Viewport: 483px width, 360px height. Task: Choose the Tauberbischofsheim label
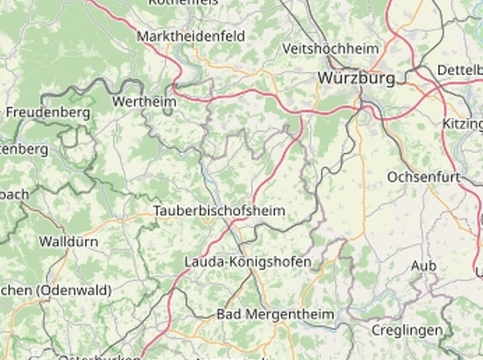[219, 211]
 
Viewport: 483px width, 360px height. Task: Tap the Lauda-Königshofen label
[248, 262]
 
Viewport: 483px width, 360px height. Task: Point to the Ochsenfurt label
[420, 177]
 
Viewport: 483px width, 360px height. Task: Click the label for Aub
[424, 266]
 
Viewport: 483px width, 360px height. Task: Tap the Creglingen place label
[407, 330]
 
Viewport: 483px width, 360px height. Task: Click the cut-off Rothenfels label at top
[183, 3]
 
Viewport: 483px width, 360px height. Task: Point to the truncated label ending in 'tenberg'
[24, 150]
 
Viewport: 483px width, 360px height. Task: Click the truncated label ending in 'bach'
[14, 195]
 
